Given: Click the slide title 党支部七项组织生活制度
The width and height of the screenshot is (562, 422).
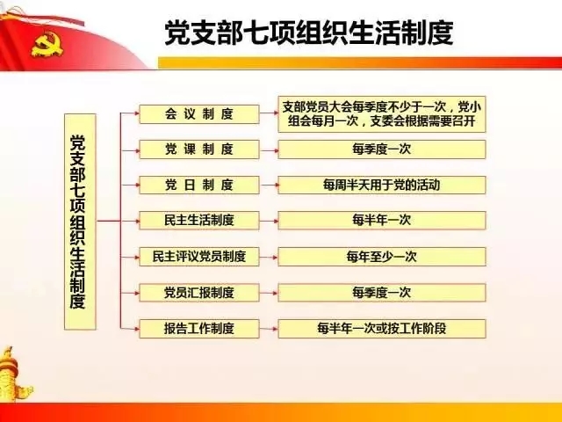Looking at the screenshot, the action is coord(309,33).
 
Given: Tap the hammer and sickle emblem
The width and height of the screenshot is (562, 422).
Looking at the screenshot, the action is coord(47,44).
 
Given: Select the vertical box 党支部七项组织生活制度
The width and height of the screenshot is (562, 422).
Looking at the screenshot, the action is coord(80,222).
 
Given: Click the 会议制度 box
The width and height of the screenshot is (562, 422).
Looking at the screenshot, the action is coord(199,114).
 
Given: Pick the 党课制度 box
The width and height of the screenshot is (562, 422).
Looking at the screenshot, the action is coord(199,149).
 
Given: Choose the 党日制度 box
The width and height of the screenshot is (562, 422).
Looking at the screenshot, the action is coord(199,186).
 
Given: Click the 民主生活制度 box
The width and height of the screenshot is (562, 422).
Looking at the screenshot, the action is coord(199,221).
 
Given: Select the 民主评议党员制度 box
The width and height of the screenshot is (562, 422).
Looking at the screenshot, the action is coord(199,257).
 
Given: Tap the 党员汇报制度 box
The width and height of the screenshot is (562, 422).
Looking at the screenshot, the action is coord(199,293).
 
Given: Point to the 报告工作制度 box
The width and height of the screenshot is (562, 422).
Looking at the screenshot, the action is coord(199,328).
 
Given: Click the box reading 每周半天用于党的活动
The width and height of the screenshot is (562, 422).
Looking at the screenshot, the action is coord(382,186).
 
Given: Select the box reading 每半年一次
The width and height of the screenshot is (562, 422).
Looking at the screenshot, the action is coord(382,221).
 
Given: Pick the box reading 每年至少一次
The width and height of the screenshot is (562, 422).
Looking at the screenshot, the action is coord(382,257).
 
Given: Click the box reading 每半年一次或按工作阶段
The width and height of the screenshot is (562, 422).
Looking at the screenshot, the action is coord(382,328).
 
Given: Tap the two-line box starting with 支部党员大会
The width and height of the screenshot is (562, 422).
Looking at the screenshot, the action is coord(382,114).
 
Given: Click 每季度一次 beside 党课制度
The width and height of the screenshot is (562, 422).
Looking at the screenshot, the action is coord(382,149).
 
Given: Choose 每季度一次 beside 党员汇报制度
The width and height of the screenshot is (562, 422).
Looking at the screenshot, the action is coord(382,293).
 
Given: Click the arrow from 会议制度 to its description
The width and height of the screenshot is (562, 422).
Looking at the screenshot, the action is coord(269,113).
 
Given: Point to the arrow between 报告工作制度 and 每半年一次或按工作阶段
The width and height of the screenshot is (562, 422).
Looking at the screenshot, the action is coord(269,328).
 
